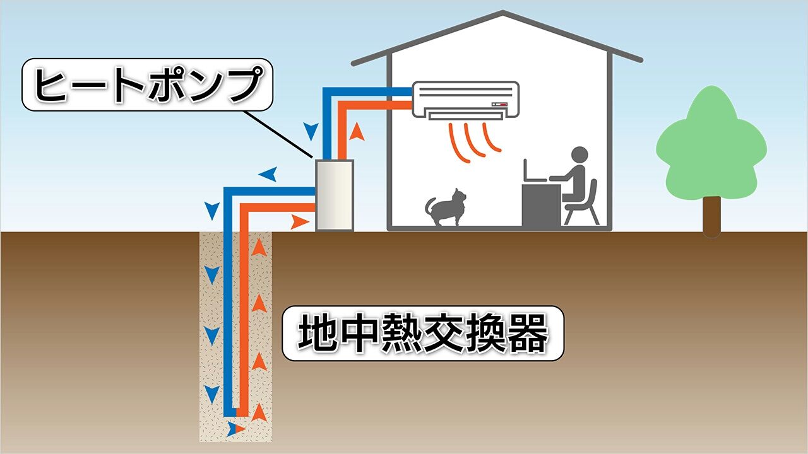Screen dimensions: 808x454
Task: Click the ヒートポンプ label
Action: pos(147,84)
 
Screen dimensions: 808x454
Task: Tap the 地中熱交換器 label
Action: pos(423,334)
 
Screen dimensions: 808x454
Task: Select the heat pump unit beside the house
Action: pos(335,195)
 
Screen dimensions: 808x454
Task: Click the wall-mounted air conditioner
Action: pos(466,100)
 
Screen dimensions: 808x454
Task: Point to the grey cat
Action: pos(446,208)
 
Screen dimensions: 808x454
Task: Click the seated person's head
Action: pos(579,154)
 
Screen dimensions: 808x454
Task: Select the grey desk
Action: pos(542,206)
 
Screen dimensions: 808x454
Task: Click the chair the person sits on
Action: pos(581,204)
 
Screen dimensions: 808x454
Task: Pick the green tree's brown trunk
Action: pos(711,216)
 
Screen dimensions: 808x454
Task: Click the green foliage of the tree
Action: pos(711,144)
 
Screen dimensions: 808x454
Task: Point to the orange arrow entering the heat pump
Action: pos(300,222)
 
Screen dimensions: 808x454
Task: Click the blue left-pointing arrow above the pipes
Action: pos(268,174)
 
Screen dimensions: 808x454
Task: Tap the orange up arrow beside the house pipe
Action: pos(357,132)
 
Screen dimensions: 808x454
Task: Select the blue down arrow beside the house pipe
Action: pos(311,132)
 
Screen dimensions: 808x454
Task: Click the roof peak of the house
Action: pos(503,12)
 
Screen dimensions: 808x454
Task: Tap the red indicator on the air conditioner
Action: pos(504,105)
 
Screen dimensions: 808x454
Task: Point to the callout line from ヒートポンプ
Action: pos(278,134)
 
